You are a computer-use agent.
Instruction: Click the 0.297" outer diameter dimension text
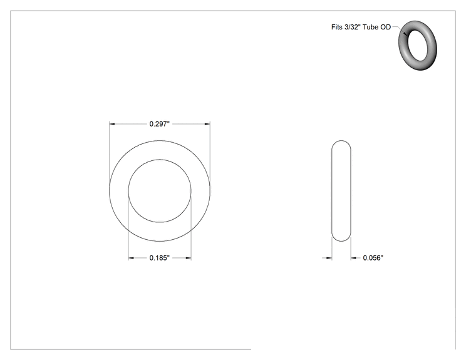(x=159, y=124)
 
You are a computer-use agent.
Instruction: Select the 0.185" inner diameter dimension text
(x=159, y=258)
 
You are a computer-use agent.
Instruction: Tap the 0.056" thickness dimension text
(x=373, y=258)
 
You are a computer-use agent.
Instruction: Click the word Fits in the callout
(x=337, y=27)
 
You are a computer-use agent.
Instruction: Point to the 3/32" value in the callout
(x=351, y=27)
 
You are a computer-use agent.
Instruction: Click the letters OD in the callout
(x=385, y=27)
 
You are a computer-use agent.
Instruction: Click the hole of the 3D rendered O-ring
(x=419, y=45)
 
